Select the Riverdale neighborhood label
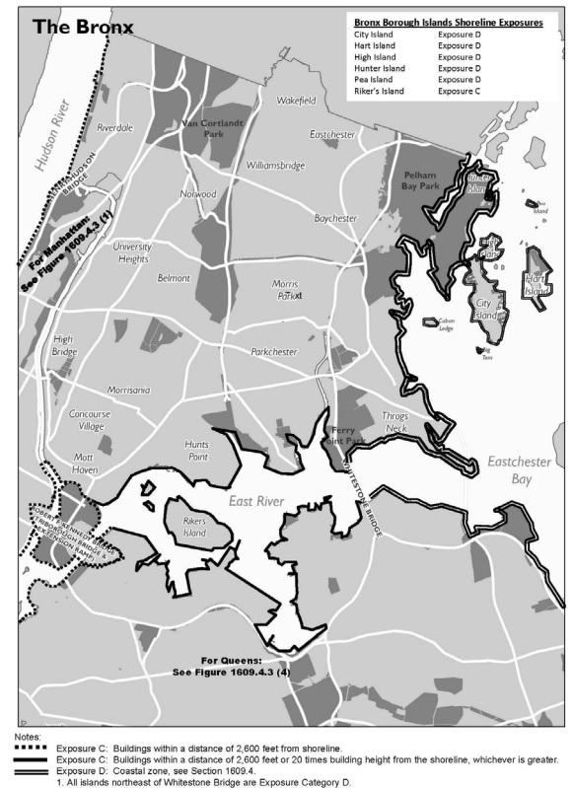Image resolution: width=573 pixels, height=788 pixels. [x=115, y=128]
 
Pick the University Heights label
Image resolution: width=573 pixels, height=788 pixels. [x=131, y=252]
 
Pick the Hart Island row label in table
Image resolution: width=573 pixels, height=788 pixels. [x=375, y=56]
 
